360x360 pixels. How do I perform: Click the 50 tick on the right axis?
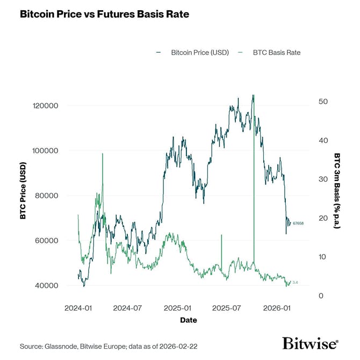click(x=323, y=102)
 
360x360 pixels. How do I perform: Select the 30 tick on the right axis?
click(x=323, y=179)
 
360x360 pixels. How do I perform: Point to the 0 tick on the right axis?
click(x=321, y=296)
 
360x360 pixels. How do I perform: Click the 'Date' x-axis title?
click(x=189, y=320)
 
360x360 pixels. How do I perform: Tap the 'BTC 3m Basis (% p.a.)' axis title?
click(x=337, y=191)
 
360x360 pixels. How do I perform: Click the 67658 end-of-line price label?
click(x=298, y=223)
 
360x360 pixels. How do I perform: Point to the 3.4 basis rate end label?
click(x=295, y=282)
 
